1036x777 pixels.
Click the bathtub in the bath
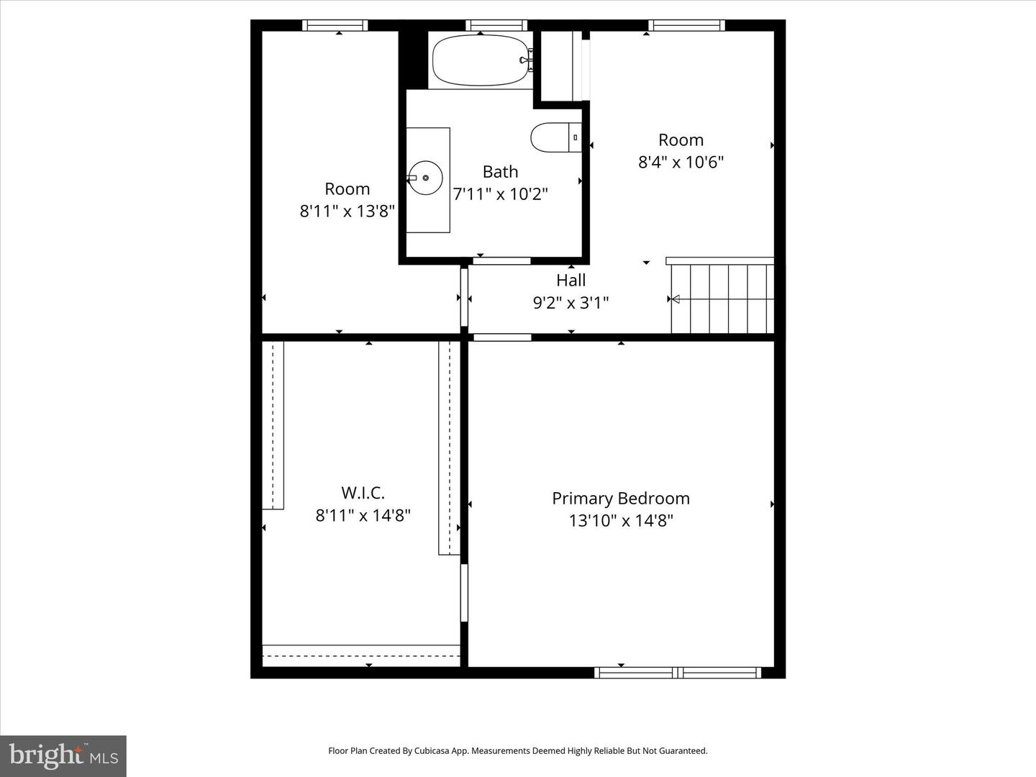481,60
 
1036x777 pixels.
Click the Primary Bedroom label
620,498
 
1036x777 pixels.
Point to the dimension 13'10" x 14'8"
620,520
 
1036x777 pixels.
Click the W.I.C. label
363,493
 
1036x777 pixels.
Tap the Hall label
571,280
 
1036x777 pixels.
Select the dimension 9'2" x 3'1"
571,303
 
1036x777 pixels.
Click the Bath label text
500,172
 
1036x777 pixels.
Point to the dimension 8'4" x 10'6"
681,162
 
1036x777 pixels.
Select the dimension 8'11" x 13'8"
347,211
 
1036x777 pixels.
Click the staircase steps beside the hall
722,298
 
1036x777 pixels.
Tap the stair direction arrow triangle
674,299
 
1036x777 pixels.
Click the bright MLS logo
63,755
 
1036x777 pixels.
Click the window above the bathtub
496,25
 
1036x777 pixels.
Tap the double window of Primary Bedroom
678,673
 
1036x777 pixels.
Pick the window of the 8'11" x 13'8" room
335,25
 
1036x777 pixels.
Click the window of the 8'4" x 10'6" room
686,25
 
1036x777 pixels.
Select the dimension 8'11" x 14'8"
363,515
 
